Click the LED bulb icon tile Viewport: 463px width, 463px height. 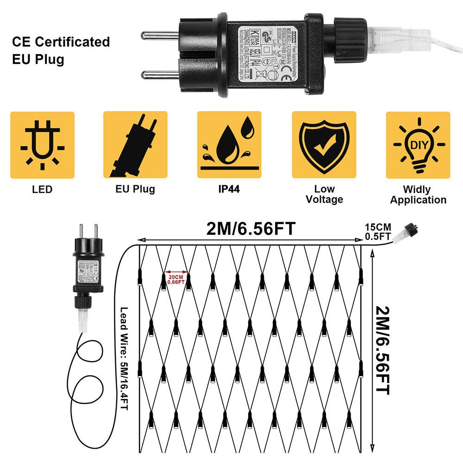[42, 145]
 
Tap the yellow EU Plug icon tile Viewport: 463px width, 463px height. [135, 145]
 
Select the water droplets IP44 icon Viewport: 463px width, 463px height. [230, 145]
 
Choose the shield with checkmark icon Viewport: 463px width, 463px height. [324, 145]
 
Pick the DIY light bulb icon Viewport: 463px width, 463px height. [418, 145]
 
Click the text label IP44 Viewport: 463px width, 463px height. [229, 189]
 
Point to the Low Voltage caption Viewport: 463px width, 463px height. [324, 194]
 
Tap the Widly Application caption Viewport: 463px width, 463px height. [418, 194]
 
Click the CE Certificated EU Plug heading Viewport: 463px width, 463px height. [61, 50]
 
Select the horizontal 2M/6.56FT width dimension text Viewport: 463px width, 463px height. [251, 228]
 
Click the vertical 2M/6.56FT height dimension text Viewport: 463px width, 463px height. [382, 350]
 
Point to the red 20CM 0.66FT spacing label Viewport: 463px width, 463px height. [176, 279]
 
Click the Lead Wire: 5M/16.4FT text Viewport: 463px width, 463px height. [124, 358]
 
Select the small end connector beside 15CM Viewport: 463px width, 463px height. [410, 229]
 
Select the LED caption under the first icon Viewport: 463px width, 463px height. [42, 189]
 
